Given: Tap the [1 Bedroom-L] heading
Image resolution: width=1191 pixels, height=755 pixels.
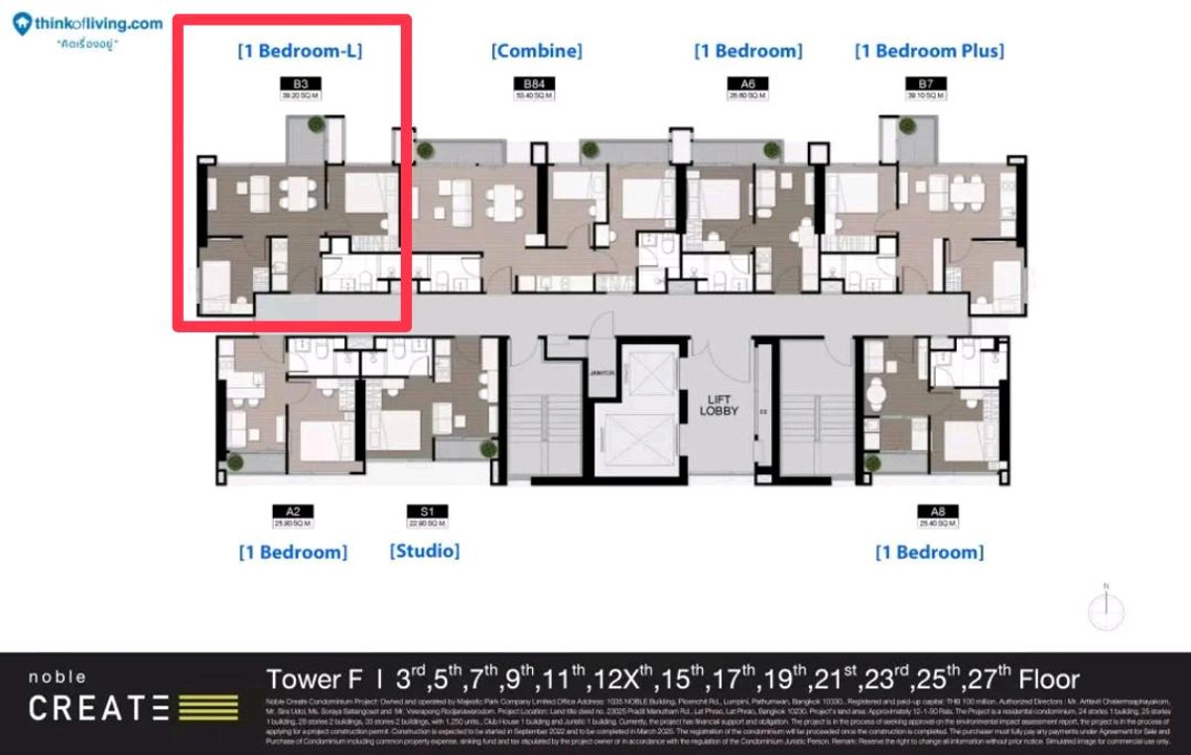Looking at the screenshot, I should (x=299, y=51).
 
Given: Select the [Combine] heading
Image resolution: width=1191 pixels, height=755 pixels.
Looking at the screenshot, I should (x=536, y=51).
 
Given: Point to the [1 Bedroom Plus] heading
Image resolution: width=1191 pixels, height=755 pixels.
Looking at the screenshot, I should (x=929, y=51).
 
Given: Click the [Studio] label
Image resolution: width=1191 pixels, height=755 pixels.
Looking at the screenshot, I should (x=424, y=551).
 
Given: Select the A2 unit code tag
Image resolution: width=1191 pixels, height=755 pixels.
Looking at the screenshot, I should (x=292, y=512).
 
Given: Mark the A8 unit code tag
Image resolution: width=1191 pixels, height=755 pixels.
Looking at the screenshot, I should (x=938, y=512).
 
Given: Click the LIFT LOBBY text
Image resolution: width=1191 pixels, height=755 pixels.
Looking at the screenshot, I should (x=720, y=404).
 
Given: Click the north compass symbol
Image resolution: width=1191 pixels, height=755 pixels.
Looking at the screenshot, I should (x=1105, y=607).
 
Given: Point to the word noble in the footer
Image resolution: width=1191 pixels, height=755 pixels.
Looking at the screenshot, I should (x=58, y=678).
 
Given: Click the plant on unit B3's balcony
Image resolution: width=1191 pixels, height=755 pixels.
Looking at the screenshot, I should (x=316, y=124).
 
